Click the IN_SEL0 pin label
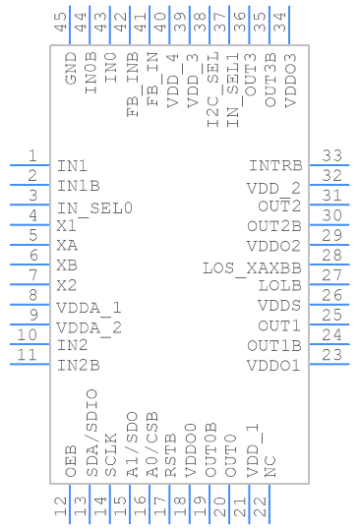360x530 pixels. pyautogui.click(x=94, y=207)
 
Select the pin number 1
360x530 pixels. pyautogui.click(x=32, y=155)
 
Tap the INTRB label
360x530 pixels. pyautogui.click(x=274, y=166)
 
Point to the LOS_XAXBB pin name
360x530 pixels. pyautogui.click(x=252, y=266)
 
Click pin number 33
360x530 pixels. pyautogui.click(x=331, y=155)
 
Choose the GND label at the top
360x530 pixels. pyautogui.click(x=71, y=75)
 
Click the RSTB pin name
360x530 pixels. pyautogui.click(x=171, y=458)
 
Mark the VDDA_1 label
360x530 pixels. pyautogui.click(x=89, y=307)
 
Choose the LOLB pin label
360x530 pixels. pyautogui.click(x=279, y=286)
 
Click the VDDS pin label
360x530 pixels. pyautogui.click(x=279, y=306)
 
